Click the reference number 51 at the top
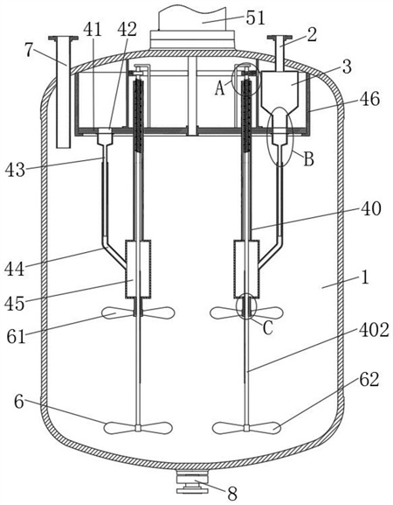256,18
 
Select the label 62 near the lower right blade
369,379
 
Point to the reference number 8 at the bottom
232,493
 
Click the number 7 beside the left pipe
30,50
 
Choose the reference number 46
369,99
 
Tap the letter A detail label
220,88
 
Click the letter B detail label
309,158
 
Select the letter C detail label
268,328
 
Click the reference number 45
15,303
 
